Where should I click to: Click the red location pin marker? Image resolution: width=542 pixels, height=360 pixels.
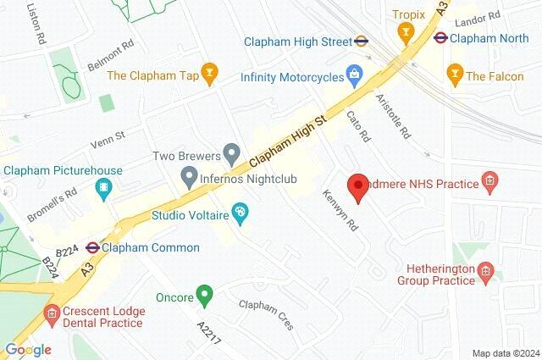tap(358, 186)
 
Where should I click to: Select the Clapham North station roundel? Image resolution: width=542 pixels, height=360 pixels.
tap(440, 37)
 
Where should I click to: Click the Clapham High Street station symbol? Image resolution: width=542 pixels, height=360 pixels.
tap(361, 39)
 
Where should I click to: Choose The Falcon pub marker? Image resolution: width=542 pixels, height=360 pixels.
tap(456, 75)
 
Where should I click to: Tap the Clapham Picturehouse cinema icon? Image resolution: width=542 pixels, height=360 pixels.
tap(103, 188)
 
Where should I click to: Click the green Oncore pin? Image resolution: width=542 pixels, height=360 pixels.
tap(203, 296)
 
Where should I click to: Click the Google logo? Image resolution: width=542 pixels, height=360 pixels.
tap(27, 349)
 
